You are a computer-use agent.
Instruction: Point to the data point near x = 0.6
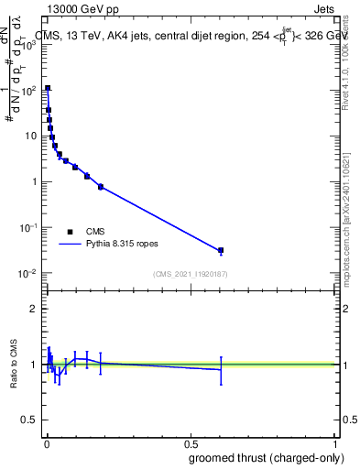point(221,250)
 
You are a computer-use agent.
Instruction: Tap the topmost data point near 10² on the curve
point(48,88)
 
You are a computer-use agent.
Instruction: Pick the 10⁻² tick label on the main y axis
point(29,273)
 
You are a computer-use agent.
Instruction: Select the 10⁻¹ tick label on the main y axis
point(29,227)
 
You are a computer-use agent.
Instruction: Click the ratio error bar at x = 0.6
point(221,369)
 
